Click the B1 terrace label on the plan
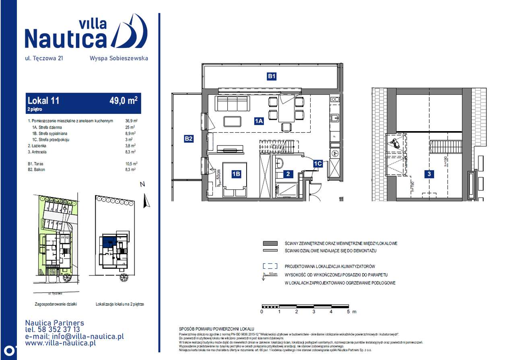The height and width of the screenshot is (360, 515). coord(272,76)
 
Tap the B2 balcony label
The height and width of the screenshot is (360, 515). coord(189,139)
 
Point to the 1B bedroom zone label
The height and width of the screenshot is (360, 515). coord(236,174)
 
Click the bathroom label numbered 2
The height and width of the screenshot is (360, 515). coord(288,174)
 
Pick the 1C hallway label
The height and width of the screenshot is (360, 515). coord(318,163)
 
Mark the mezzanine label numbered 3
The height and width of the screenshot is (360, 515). coord(430,174)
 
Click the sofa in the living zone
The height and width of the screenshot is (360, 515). coord(233,104)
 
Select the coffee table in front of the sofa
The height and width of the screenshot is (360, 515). coord(233,121)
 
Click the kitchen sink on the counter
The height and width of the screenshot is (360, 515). coord(335,118)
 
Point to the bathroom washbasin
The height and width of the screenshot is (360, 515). coord(280,163)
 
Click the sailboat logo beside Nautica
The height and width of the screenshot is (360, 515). coord(130,31)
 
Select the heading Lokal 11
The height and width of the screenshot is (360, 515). coord(43,101)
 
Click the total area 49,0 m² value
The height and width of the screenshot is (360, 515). coord(123,101)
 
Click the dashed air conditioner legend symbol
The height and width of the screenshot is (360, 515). coord(270,266)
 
